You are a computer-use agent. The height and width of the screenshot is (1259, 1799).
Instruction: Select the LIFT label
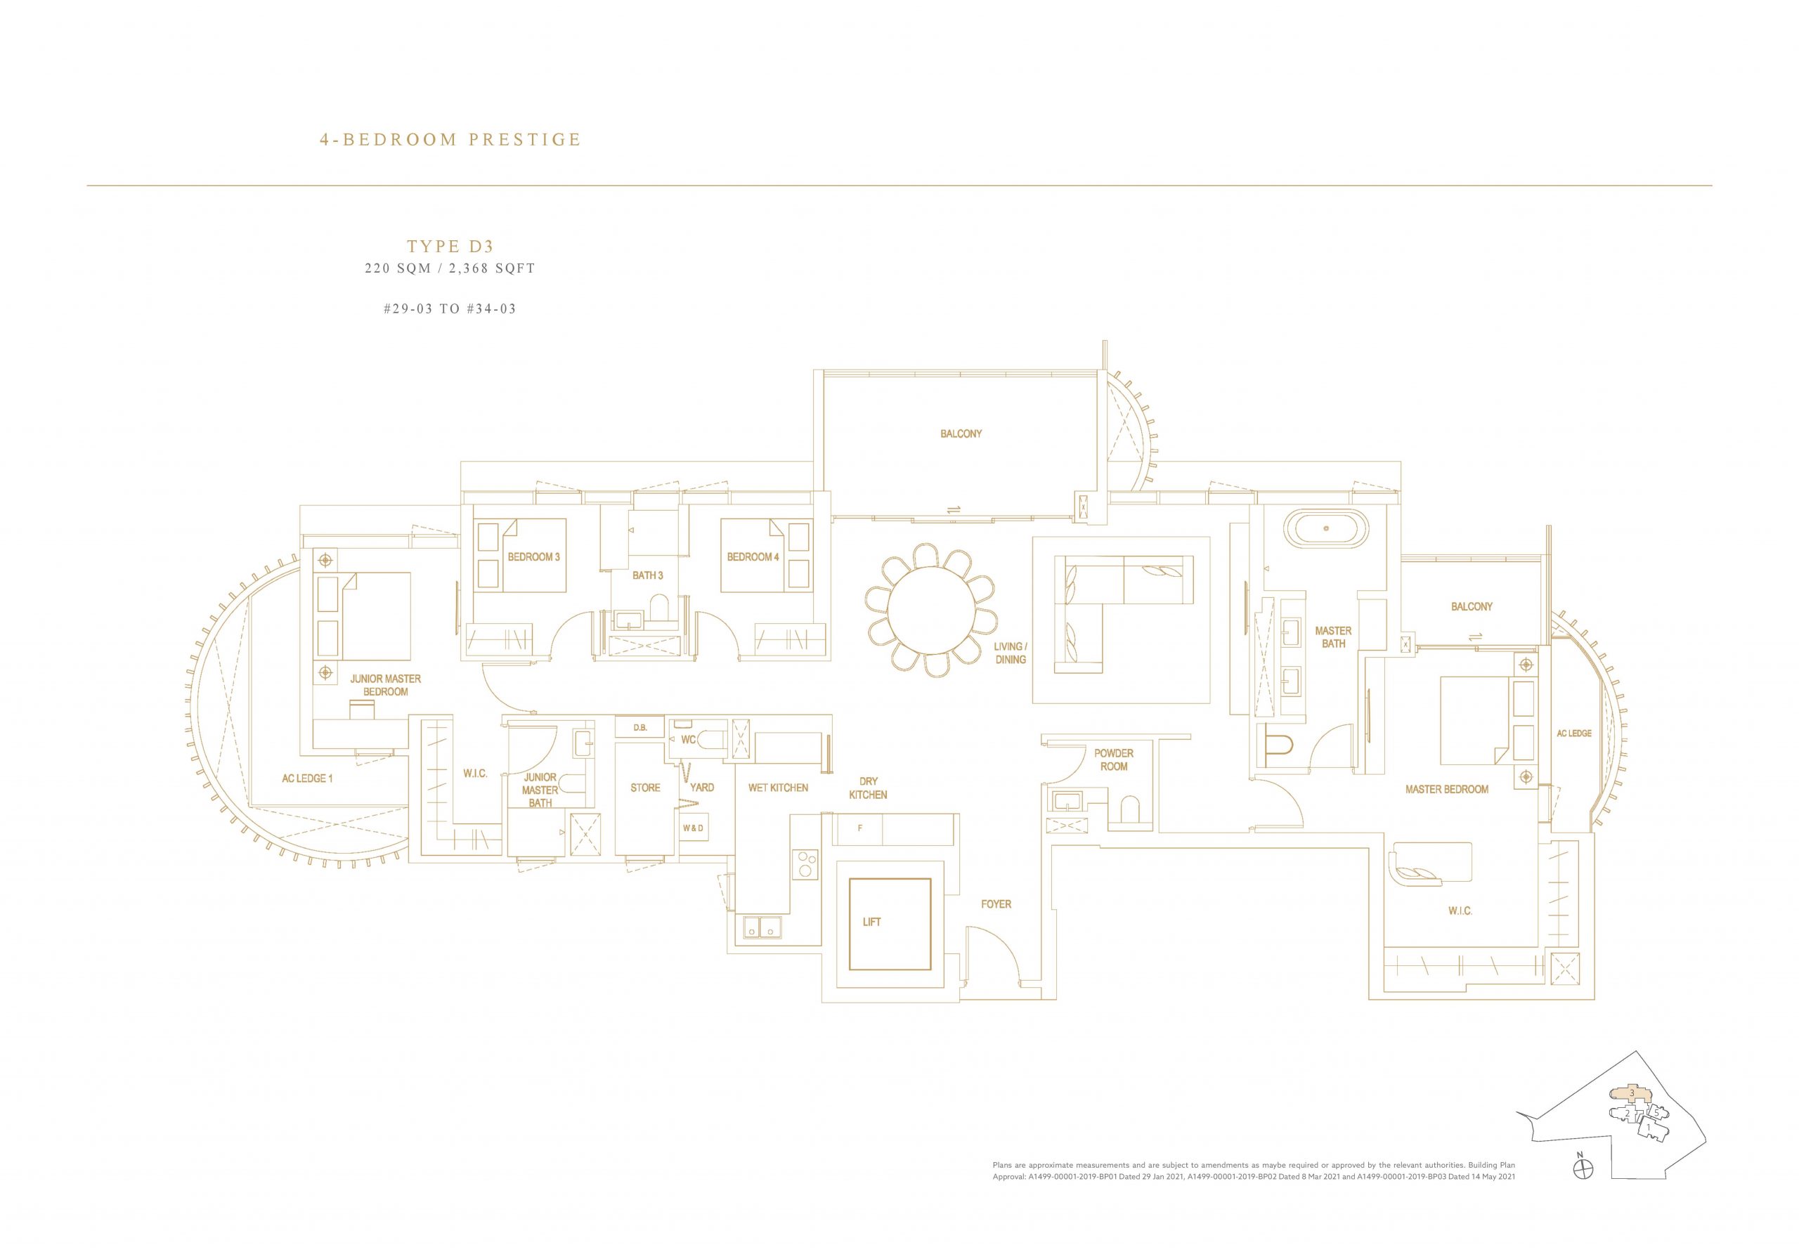871,922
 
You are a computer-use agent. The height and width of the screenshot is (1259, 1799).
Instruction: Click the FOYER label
996,904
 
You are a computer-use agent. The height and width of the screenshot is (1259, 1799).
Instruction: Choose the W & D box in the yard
693,828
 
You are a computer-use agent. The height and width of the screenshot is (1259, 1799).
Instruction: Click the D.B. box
640,728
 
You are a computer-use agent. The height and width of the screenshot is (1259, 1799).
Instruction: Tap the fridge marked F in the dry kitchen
859,829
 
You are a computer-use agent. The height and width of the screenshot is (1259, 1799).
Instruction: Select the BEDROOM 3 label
533,557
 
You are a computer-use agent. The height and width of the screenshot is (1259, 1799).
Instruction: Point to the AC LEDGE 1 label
308,778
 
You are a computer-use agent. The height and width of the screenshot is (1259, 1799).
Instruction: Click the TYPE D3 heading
450,247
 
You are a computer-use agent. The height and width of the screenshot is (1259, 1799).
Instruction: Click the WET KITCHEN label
777,788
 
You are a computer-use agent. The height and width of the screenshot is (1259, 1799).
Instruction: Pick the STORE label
646,788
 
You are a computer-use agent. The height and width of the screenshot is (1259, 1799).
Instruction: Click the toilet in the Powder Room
1130,809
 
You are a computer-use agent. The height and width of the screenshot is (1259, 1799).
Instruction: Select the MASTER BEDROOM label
1446,789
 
